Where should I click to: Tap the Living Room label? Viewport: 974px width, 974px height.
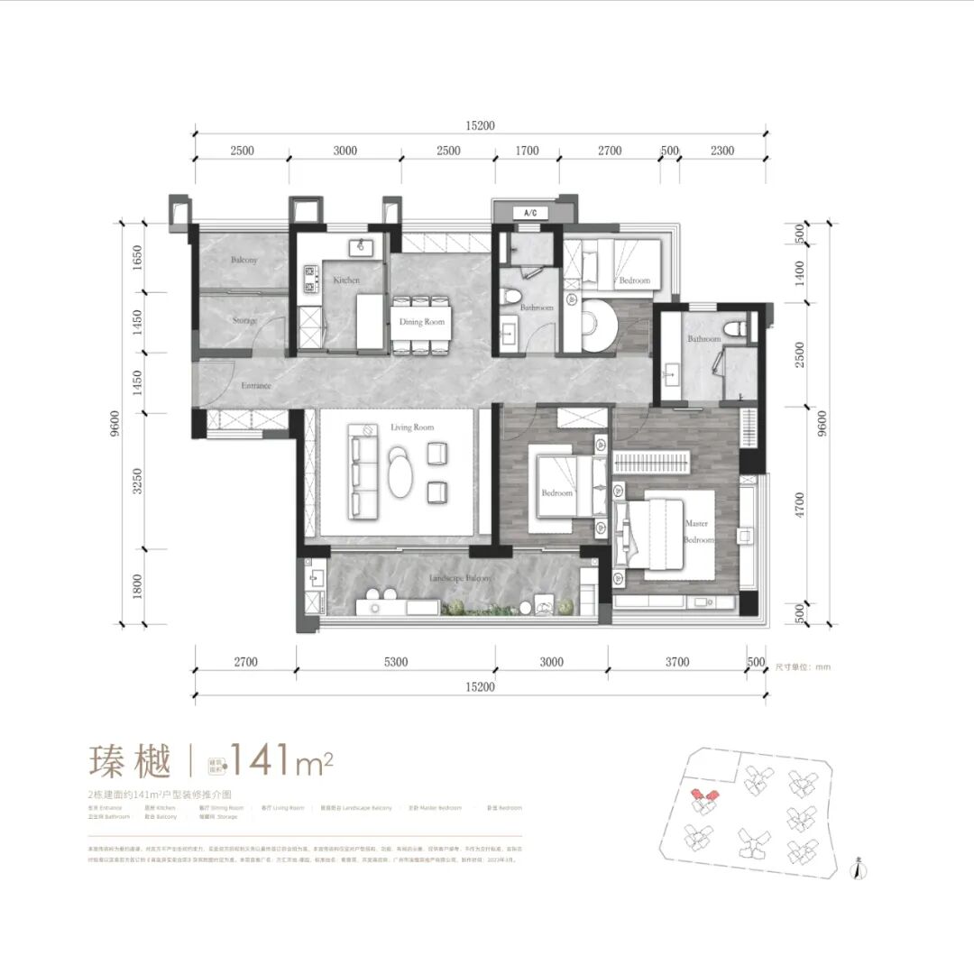(x=412, y=427)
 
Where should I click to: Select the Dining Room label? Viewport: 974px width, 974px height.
(x=422, y=322)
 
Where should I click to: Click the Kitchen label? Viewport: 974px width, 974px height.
(x=346, y=280)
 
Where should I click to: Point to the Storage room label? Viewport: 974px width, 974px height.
(x=243, y=321)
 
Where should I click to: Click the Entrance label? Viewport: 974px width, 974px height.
(x=255, y=386)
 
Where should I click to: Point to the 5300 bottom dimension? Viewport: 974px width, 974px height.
(x=395, y=662)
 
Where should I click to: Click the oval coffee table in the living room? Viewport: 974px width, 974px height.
(x=399, y=472)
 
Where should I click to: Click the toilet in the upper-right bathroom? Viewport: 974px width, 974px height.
(x=742, y=327)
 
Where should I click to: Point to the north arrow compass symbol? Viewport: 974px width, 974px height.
(x=858, y=868)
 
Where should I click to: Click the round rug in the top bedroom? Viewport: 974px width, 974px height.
(x=598, y=325)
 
